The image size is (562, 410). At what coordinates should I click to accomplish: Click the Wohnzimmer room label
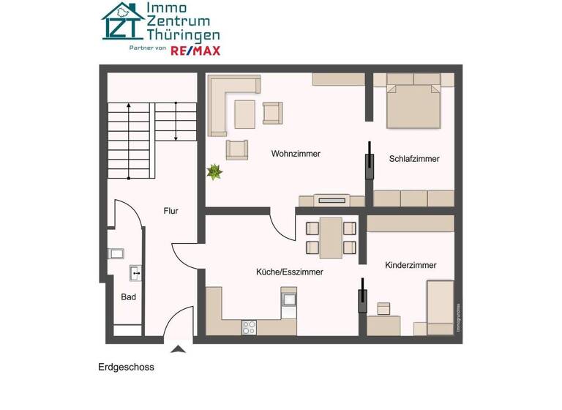click(x=296, y=154)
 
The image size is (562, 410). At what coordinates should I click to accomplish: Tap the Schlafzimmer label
click(x=414, y=158)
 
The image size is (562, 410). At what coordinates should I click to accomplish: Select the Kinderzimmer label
click(x=411, y=265)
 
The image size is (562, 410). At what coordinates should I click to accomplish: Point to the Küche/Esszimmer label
click(x=289, y=272)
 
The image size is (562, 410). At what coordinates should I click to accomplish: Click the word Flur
click(x=171, y=211)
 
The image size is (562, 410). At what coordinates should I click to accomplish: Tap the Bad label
click(x=128, y=297)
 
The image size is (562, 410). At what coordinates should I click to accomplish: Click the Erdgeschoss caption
click(x=126, y=368)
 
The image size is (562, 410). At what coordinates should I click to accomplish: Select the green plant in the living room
click(x=214, y=172)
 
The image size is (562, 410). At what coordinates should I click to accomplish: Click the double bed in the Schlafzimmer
click(x=414, y=106)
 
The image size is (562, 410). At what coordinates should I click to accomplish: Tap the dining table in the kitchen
click(x=331, y=236)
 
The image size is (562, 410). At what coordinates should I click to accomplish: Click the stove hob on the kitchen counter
click(x=250, y=328)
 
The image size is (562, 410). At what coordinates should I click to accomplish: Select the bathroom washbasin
click(x=135, y=273)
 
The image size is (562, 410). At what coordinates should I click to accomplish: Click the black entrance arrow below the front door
click(x=177, y=348)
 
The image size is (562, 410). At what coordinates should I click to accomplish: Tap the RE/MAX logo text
click(x=195, y=51)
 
